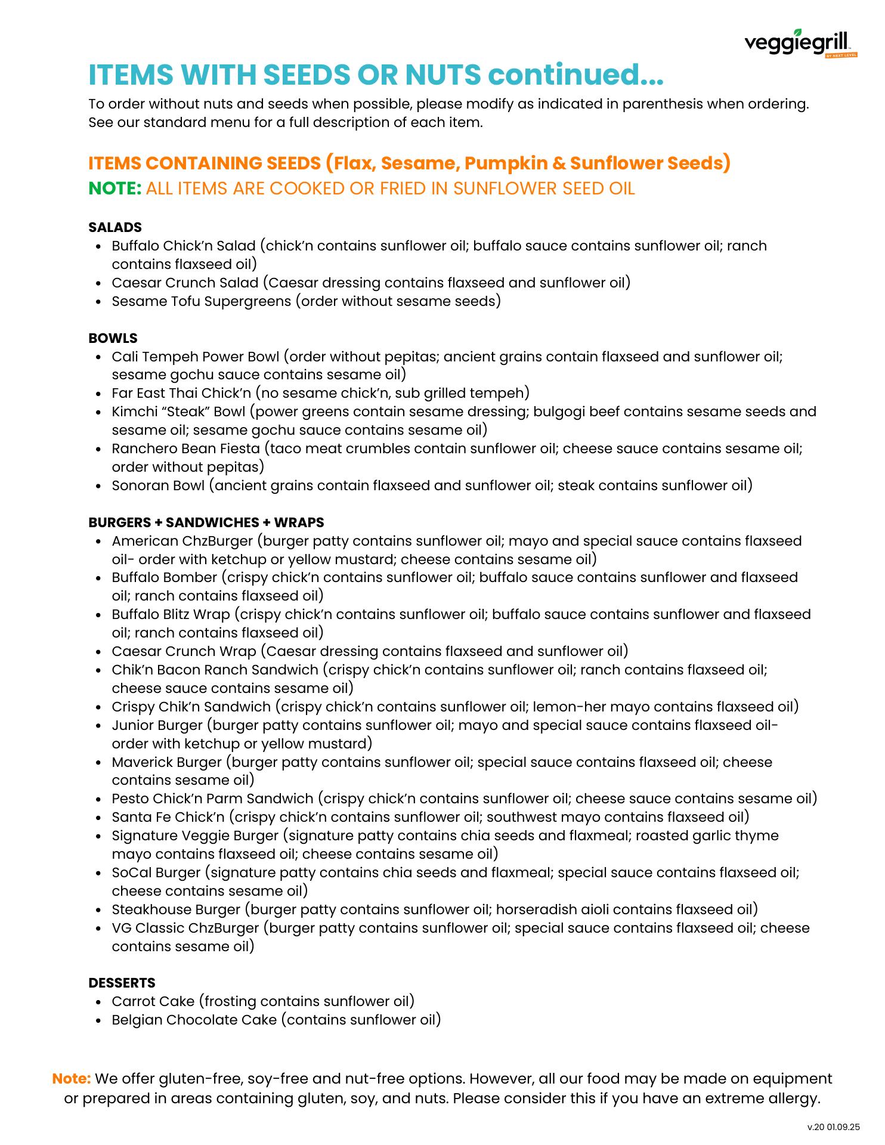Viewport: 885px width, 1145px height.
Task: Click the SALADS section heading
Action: coord(115,227)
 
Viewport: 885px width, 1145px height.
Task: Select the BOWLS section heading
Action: coord(113,338)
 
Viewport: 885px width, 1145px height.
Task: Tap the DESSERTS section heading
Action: coord(122,983)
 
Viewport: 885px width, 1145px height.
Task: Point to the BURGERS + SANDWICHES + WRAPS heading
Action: coord(206,522)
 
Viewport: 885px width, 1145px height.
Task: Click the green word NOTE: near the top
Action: coord(115,188)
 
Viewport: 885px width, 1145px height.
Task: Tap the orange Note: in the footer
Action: coord(72,1078)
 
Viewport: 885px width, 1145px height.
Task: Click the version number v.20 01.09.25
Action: coord(833,1127)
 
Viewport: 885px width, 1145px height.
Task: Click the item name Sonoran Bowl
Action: coord(158,485)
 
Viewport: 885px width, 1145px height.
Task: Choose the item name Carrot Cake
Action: coord(153,1001)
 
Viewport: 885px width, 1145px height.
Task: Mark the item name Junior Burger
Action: coord(157,725)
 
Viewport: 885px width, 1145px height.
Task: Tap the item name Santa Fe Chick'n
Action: coord(168,817)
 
